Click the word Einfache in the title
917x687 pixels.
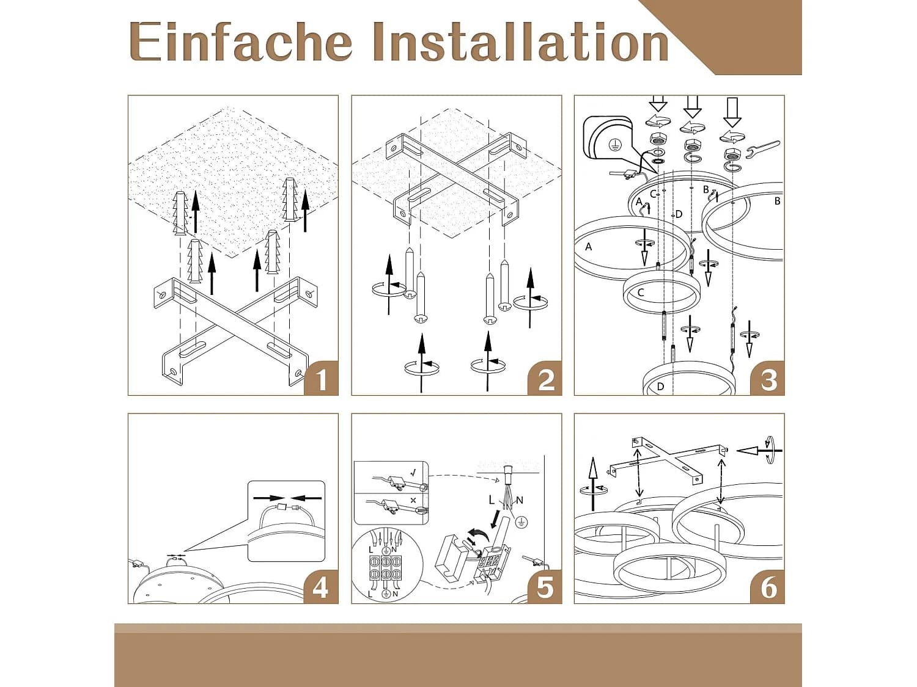[241, 42]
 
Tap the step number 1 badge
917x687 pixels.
[321, 378]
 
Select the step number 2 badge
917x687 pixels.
[544, 378]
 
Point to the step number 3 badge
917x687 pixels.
[767, 378]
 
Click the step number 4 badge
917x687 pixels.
[321, 586]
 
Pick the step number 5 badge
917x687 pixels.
[544, 586]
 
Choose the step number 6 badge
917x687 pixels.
[767, 586]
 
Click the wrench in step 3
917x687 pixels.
[762, 150]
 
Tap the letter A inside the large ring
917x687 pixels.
[589, 247]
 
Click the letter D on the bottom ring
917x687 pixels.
[660, 387]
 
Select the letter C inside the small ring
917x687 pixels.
[641, 293]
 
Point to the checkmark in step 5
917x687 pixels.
[413, 473]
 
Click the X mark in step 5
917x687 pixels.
[413, 500]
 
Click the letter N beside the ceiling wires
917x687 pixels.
[520, 500]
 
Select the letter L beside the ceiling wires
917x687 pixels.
[492, 500]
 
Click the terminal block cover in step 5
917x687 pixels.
[451, 559]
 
